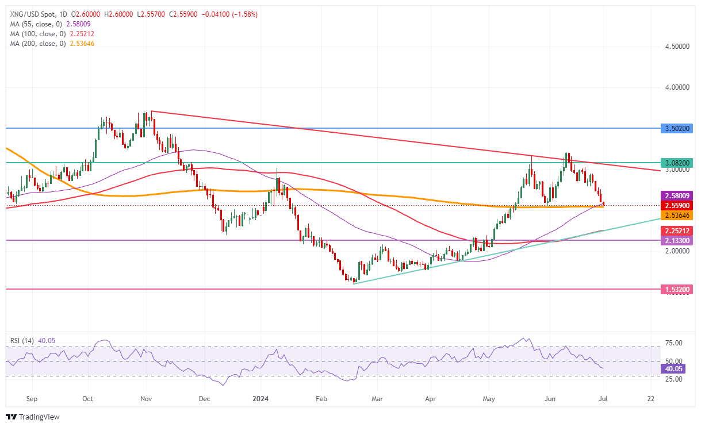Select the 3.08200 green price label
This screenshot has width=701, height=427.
(x=677, y=163)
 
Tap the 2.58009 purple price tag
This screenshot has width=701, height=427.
(x=677, y=195)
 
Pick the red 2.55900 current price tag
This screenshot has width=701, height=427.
(x=677, y=205)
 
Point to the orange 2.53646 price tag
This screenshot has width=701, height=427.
(x=677, y=215)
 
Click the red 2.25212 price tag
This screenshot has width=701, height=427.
(x=677, y=230)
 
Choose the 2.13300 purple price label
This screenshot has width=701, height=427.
(x=677, y=240)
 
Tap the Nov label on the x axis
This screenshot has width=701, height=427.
(x=146, y=398)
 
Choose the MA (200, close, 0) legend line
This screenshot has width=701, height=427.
(x=52, y=43)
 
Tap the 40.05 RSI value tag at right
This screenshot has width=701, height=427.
(x=673, y=369)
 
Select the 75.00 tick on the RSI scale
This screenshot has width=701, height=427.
(x=673, y=343)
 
